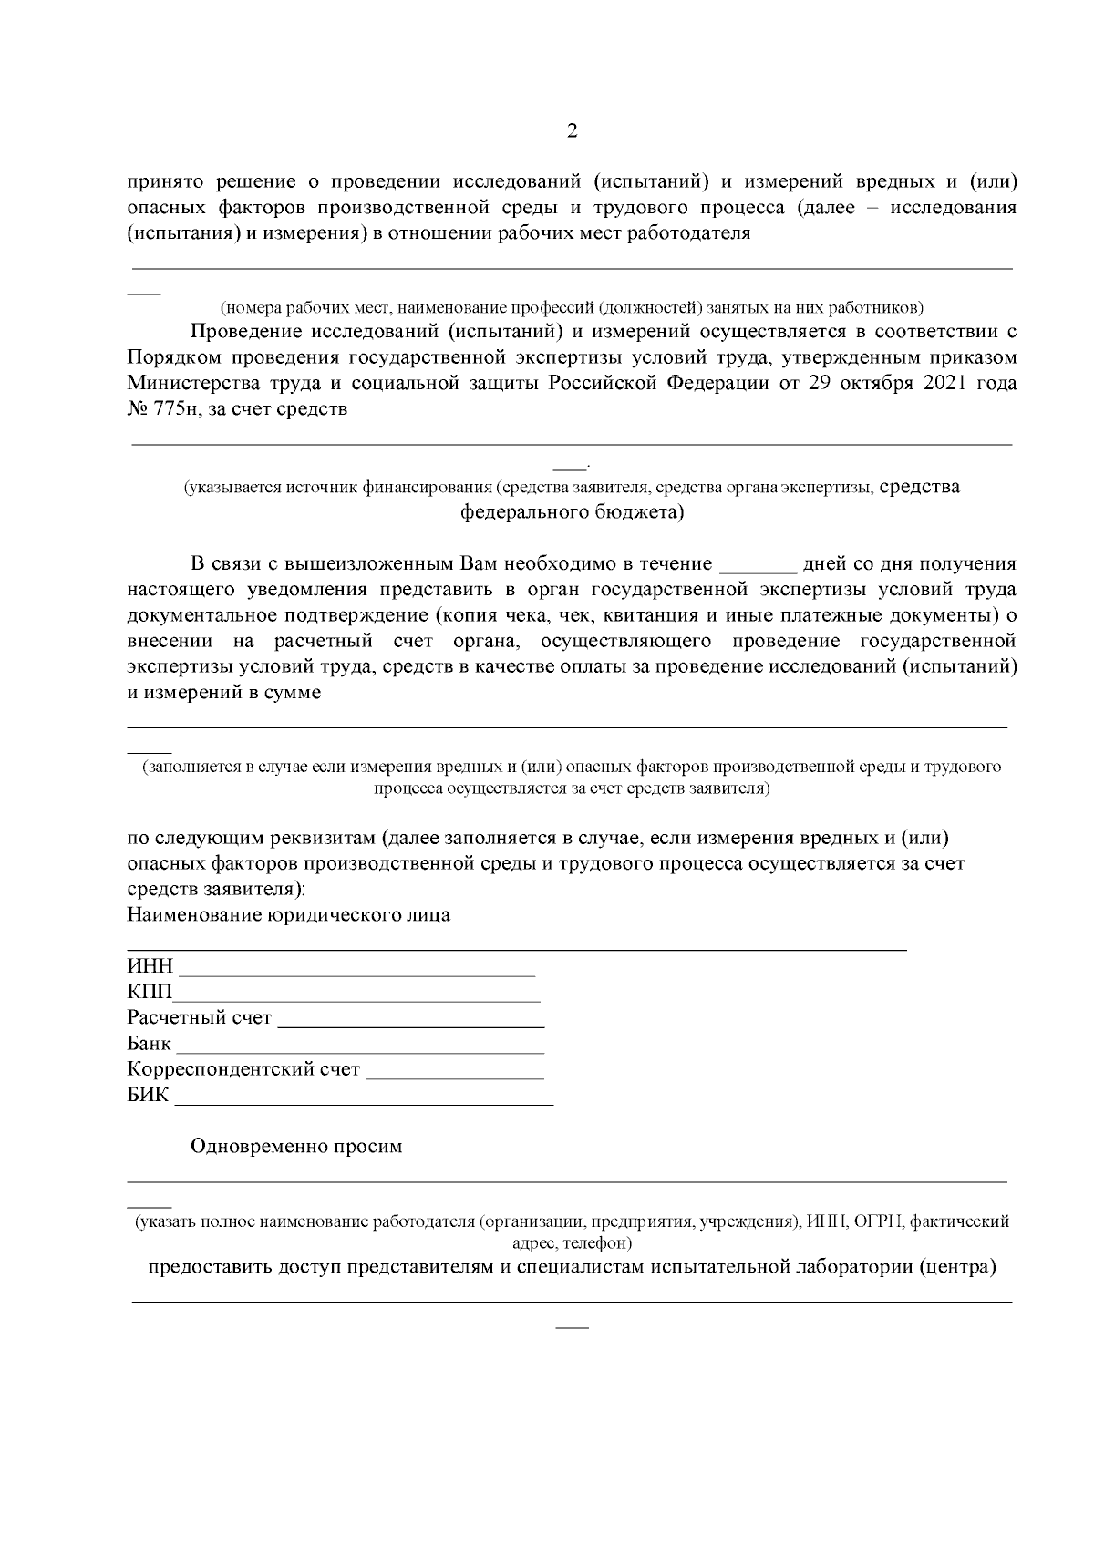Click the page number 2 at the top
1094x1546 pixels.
click(x=572, y=131)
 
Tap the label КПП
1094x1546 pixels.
click(x=150, y=993)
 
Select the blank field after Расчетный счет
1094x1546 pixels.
click(x=410, y=1019)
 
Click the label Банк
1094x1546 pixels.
click(x=150, y=1044)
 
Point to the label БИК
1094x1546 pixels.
click(x=149, y=1096)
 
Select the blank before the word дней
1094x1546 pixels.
click(x=758, y=564)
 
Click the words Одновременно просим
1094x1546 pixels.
click(x=296, y=1147)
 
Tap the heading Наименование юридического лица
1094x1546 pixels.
click(x=289, y=915)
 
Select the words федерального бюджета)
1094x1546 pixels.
click(x=572, y=513)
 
